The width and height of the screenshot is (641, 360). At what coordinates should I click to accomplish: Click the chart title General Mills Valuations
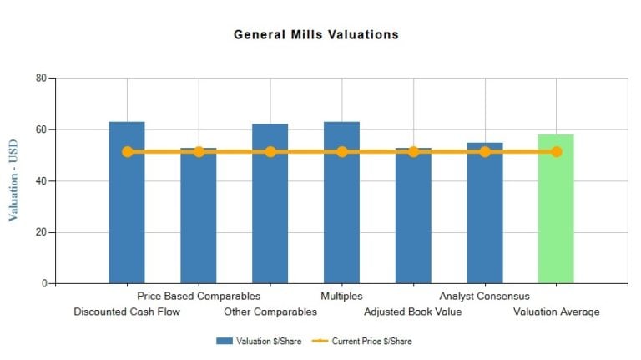315,35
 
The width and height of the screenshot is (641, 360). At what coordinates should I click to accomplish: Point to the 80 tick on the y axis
40,79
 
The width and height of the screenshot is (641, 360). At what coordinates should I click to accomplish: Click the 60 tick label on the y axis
40,129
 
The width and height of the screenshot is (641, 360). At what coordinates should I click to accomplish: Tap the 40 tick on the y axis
40,181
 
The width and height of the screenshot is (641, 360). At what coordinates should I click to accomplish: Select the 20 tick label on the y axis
40,232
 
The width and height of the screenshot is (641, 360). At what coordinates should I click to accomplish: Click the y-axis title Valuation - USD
13,180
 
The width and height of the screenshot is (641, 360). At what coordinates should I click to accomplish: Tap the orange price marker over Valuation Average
556,152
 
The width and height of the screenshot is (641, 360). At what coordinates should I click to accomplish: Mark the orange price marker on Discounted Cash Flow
127,152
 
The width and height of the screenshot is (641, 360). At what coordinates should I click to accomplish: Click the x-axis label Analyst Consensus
484,296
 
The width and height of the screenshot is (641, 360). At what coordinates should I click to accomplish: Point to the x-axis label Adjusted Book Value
412,312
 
